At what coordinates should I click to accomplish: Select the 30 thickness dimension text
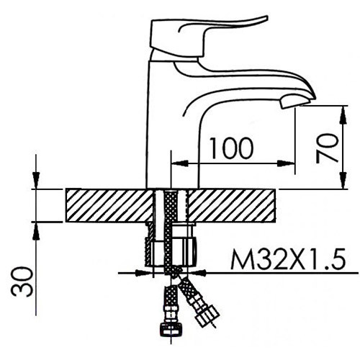21,282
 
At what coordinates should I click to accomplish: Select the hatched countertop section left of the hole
108,206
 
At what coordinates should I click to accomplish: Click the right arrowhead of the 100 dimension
291,162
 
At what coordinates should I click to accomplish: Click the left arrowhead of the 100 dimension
175,162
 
